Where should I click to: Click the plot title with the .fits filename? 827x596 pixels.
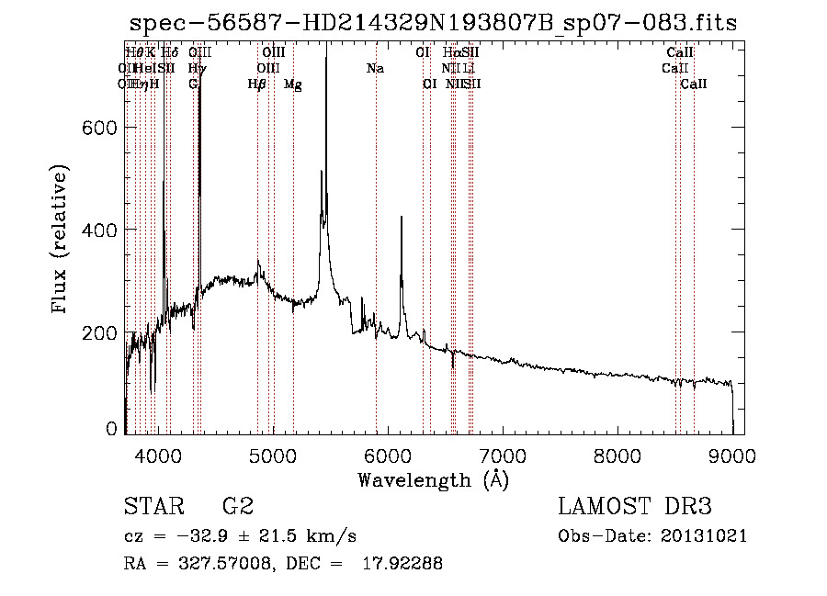click(x=433, y=23)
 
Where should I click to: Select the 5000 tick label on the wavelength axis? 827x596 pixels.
click(x=272, y=454)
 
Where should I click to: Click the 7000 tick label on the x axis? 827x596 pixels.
click(x=503, y=454)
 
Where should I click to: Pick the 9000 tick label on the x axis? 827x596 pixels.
click(x=732, y=454)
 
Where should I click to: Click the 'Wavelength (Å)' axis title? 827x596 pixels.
click(x=433, y=478)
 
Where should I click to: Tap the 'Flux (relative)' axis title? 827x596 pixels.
click(x=62, y=241)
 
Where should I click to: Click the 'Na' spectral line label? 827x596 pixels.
click(x=375, y=69)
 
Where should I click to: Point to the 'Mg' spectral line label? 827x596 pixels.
click(x=292, y=84)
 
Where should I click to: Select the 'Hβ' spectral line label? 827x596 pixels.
click(x=257, y=84)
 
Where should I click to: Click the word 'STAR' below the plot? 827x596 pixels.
click(x=153, y=507)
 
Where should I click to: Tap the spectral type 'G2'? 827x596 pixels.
click(x=237, y=507)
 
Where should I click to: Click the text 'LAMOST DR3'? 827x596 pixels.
click(x=634, y=507)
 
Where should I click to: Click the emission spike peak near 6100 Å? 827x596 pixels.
click(x=401, y=218)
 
